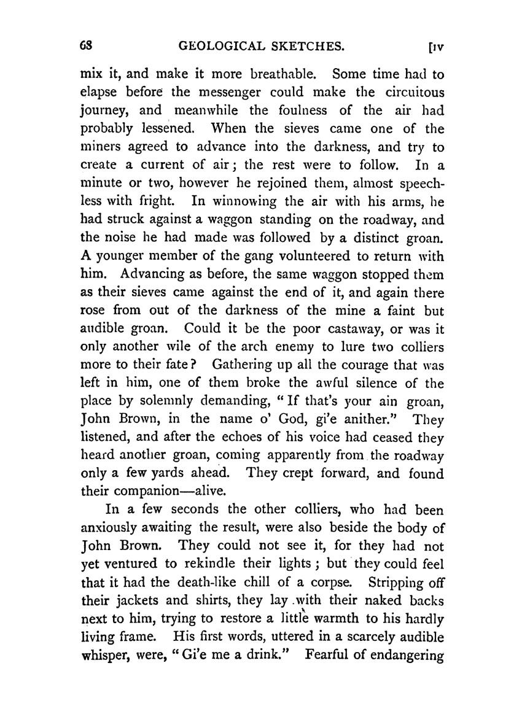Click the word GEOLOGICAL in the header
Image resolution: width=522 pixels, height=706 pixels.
tap(216, 46)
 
